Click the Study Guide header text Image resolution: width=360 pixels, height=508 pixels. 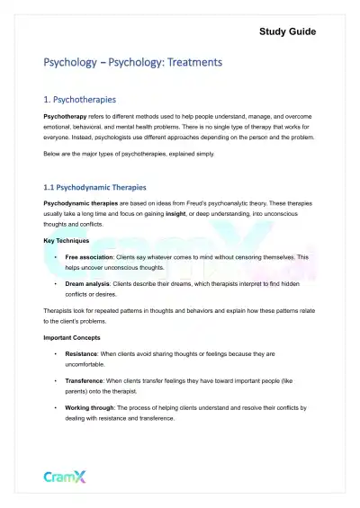pos(287,31)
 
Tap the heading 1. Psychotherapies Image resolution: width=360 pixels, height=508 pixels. pos(92,99)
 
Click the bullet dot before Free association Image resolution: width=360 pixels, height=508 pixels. pos(56,256)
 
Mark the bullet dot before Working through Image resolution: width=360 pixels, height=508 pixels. pos(56,408)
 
